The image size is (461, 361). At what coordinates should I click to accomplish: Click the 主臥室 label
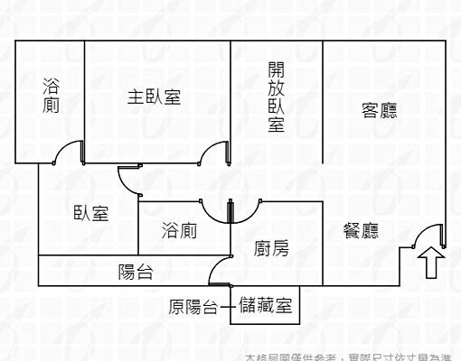point(154,97)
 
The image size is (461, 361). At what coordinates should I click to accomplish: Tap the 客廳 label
point(380,110)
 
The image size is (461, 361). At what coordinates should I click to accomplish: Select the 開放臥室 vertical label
point(277,97)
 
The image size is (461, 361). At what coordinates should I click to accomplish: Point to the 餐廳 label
point(361,231)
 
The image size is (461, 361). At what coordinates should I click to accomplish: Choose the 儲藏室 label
point(265,307)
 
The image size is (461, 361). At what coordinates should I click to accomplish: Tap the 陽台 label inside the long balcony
point(136,270)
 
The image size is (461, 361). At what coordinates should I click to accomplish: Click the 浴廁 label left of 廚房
point(179,231)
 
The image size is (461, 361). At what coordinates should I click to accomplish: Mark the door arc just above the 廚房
point(246,211)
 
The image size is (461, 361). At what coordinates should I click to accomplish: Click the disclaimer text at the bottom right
point(353,356)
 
